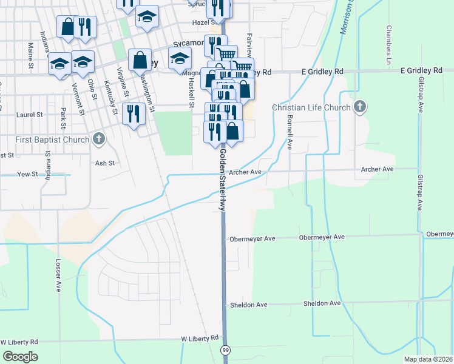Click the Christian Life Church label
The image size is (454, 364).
(311, 108)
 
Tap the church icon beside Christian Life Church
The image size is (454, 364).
(359, 108)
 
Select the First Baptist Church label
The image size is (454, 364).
(53, 140)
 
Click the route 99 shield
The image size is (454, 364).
(226, 350)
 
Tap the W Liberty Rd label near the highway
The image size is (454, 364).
(199, 338)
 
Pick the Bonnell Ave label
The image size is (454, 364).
(290, 132)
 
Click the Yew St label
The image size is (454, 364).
(27, 174)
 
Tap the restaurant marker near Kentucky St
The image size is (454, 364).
(133, 113)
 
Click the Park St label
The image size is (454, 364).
(63, 118)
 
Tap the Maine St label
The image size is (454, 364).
(30, 52)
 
